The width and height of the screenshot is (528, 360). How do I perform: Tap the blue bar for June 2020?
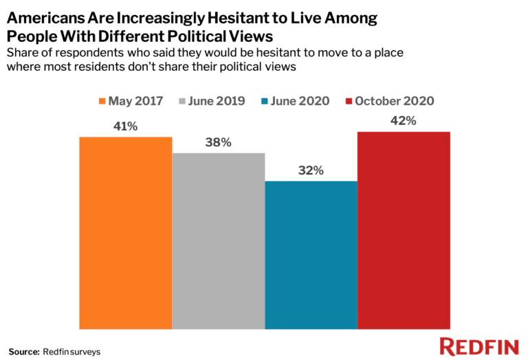tap(311, 254)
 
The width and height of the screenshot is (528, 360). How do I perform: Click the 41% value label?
tap(125, 126)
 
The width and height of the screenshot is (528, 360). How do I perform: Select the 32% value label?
tap(311, 170)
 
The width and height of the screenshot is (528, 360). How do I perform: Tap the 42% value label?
tap(404, 121)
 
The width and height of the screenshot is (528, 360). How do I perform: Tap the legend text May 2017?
tap(135, 101)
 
